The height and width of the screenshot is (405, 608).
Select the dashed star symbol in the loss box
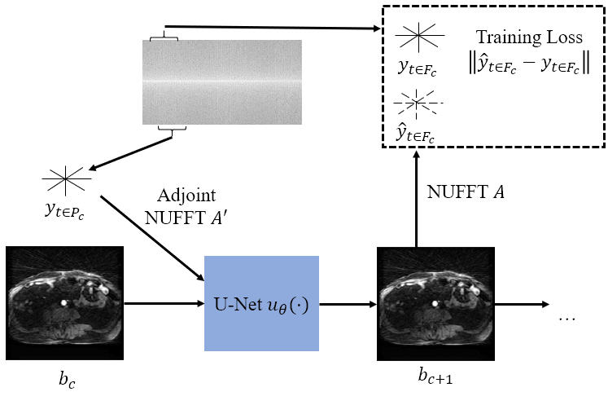coord(416,102)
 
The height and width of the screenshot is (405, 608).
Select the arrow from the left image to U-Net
coord(163,306)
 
